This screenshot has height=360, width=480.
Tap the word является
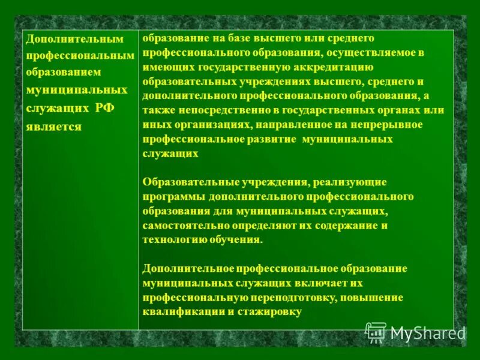(53, 127)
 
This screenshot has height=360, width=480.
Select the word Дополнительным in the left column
(74, 39)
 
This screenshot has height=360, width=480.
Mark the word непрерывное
(393, 125)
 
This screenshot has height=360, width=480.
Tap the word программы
(175, 196)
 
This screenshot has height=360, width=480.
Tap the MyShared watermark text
(427, 334)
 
